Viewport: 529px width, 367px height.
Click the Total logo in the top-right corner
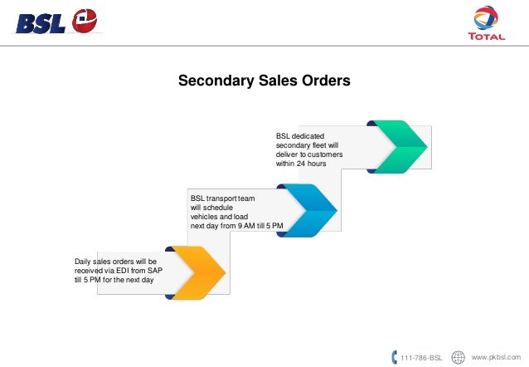[x=486, y=26]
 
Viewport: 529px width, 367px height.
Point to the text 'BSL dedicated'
[x=300, y=135]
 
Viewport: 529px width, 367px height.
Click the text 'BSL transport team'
[x=223, y=198]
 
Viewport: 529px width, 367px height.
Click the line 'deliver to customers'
[x=308, y=154]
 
